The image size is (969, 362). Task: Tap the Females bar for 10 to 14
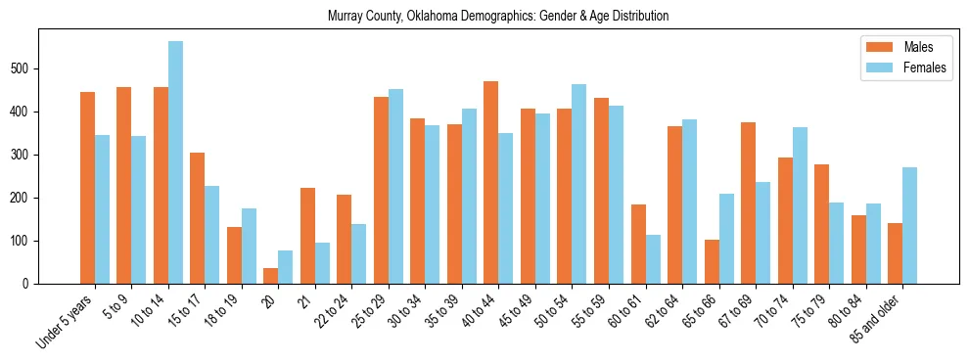coord(175,162)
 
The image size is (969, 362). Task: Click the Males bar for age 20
coord(271,276)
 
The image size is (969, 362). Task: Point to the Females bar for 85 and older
coord(909,225)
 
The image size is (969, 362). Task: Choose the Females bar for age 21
coord(322,263)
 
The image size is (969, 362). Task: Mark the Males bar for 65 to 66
coord(712,261)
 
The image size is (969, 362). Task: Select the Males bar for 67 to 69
coord(748,203)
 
